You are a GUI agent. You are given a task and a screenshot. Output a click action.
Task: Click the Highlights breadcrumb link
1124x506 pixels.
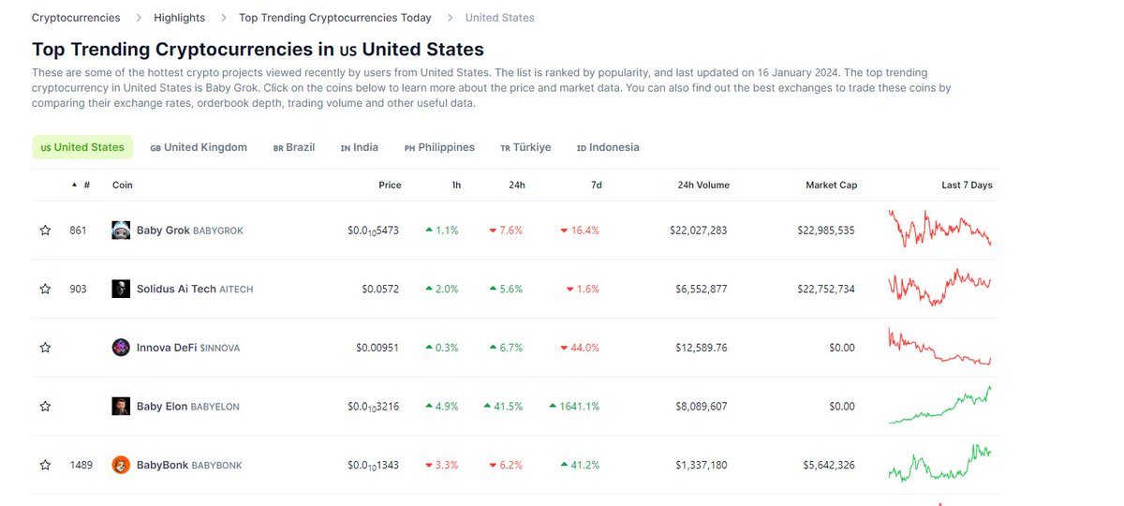[179, 18]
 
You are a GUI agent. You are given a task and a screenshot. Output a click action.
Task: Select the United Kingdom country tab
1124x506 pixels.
[199, 147]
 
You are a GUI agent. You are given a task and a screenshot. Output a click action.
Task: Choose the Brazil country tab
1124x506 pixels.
[294, 147]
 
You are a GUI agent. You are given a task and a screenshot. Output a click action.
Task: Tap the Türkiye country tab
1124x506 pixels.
[525, 147]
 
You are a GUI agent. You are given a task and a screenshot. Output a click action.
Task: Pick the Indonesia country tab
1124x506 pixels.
[608, 147]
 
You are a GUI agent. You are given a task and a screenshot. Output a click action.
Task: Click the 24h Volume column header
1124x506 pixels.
[703, 185]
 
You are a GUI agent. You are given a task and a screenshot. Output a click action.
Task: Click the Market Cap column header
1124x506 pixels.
[832, 185]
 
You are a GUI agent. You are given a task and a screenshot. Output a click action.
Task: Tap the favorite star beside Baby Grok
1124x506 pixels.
[45, 230]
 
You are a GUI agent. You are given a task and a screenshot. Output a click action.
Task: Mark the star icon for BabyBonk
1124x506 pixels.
[45, 465]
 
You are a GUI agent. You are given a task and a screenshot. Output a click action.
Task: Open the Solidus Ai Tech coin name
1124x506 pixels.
[176, 289]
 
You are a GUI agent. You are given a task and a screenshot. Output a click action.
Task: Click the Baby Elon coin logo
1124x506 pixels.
[121, 406]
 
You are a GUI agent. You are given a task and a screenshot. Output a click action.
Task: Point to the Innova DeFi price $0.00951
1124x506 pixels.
[377, 348]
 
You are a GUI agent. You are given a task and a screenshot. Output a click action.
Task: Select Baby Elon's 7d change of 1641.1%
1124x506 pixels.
[574, 406]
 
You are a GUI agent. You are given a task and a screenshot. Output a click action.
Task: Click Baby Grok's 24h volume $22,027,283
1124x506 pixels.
[698, 230]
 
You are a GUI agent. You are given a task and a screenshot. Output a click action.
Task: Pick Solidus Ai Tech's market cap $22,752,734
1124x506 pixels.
[826, 289]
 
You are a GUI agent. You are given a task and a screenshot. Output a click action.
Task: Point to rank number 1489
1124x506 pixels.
[81, 465]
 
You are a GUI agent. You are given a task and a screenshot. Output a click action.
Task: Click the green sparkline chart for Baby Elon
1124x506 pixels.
[939, 405]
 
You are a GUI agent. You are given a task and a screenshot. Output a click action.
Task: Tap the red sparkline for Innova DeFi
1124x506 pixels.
[939, 347]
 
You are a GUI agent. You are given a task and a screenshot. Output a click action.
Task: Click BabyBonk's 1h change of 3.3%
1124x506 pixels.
[441, 465]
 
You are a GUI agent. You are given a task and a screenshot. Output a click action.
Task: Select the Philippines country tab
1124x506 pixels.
[439, 147]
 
